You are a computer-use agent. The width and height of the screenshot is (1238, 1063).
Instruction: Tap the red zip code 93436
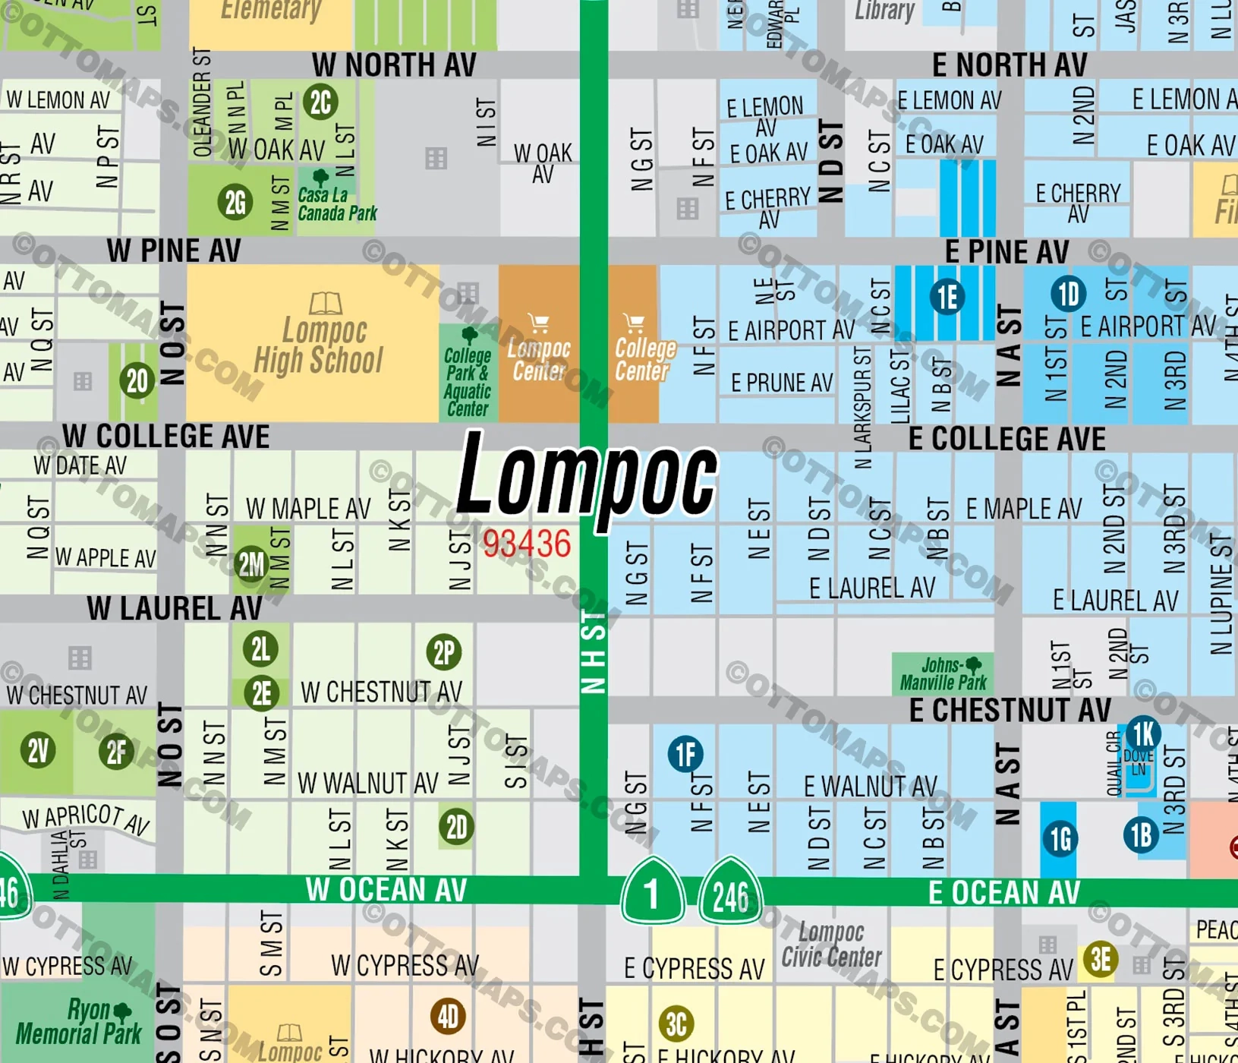click(x=526, y=544)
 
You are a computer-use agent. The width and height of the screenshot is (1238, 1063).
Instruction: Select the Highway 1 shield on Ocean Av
click(x=652, y=893)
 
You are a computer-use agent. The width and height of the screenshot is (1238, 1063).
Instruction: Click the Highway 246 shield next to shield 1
click(x=730, y=894)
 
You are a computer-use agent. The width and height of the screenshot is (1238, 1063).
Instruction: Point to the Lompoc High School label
click(x=320, y=346)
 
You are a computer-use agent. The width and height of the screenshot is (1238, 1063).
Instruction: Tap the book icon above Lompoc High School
click(x=325, y=304)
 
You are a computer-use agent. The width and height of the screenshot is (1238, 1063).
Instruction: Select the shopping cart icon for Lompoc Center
click(x=539, y=323)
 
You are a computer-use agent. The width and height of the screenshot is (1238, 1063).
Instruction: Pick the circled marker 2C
click(x=320, y=103)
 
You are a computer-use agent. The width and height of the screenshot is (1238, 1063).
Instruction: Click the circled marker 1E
click(x=947, y=297)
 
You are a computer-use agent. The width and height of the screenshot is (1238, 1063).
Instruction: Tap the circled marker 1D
click(x=1068, y=294)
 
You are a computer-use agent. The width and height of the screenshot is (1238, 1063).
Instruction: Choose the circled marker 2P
click(x=444, y=652)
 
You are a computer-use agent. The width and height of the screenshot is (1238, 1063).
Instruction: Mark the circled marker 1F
click(x=685, y=754)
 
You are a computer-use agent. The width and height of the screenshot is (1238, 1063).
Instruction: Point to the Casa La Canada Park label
click(x=336, y=204)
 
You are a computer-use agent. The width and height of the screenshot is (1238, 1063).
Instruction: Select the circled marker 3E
click(x=1101, y=960)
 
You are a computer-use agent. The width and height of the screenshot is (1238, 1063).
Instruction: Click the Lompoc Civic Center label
click(x=831, y=945)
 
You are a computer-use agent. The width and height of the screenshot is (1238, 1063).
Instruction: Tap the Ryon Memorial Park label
click(x=78, y=1022)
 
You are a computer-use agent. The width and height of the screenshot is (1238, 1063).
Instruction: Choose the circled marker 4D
click(x=448, y=1017)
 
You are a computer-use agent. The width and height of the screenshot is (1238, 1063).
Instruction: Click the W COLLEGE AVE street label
click(x=166, y=437)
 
